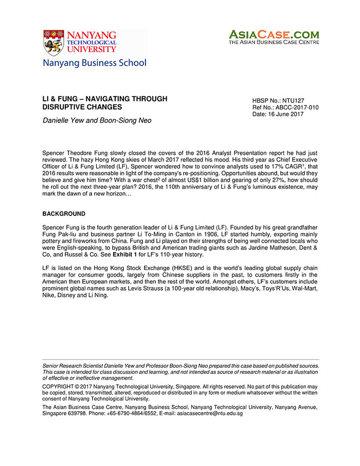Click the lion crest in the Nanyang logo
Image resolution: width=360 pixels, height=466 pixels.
(x=53, y=42)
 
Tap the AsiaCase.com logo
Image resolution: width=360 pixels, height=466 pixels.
(x=274, y=37)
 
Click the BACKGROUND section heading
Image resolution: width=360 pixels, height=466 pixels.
(x=64, y=213)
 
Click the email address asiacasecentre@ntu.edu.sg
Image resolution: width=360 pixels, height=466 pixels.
(x=207, y=413)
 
